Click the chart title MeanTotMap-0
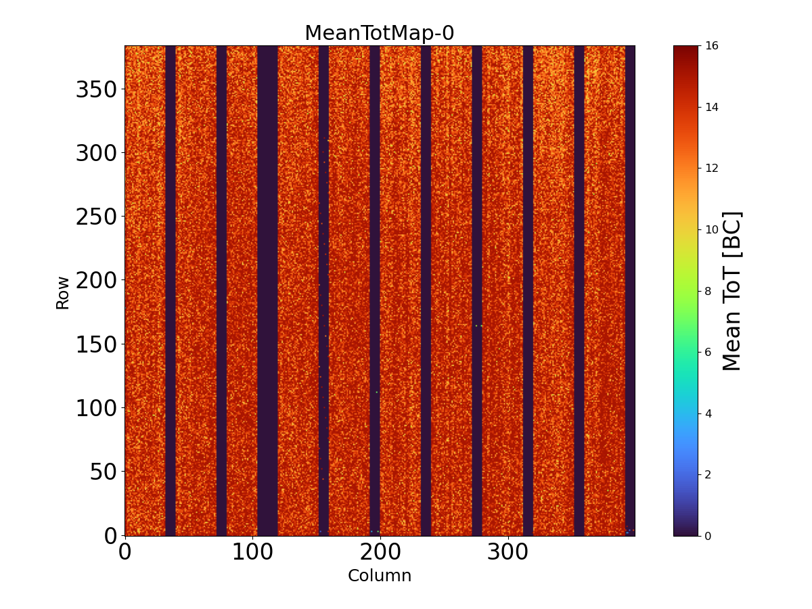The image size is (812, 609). (379, 33)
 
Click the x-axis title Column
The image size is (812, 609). (379, 576)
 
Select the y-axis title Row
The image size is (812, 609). (62, 292)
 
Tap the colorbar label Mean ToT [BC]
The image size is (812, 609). (732, 291)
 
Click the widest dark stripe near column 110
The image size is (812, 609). (267, 291)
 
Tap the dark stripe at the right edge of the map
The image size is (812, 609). (630, 291)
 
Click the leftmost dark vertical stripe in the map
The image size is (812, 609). (171, 291)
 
